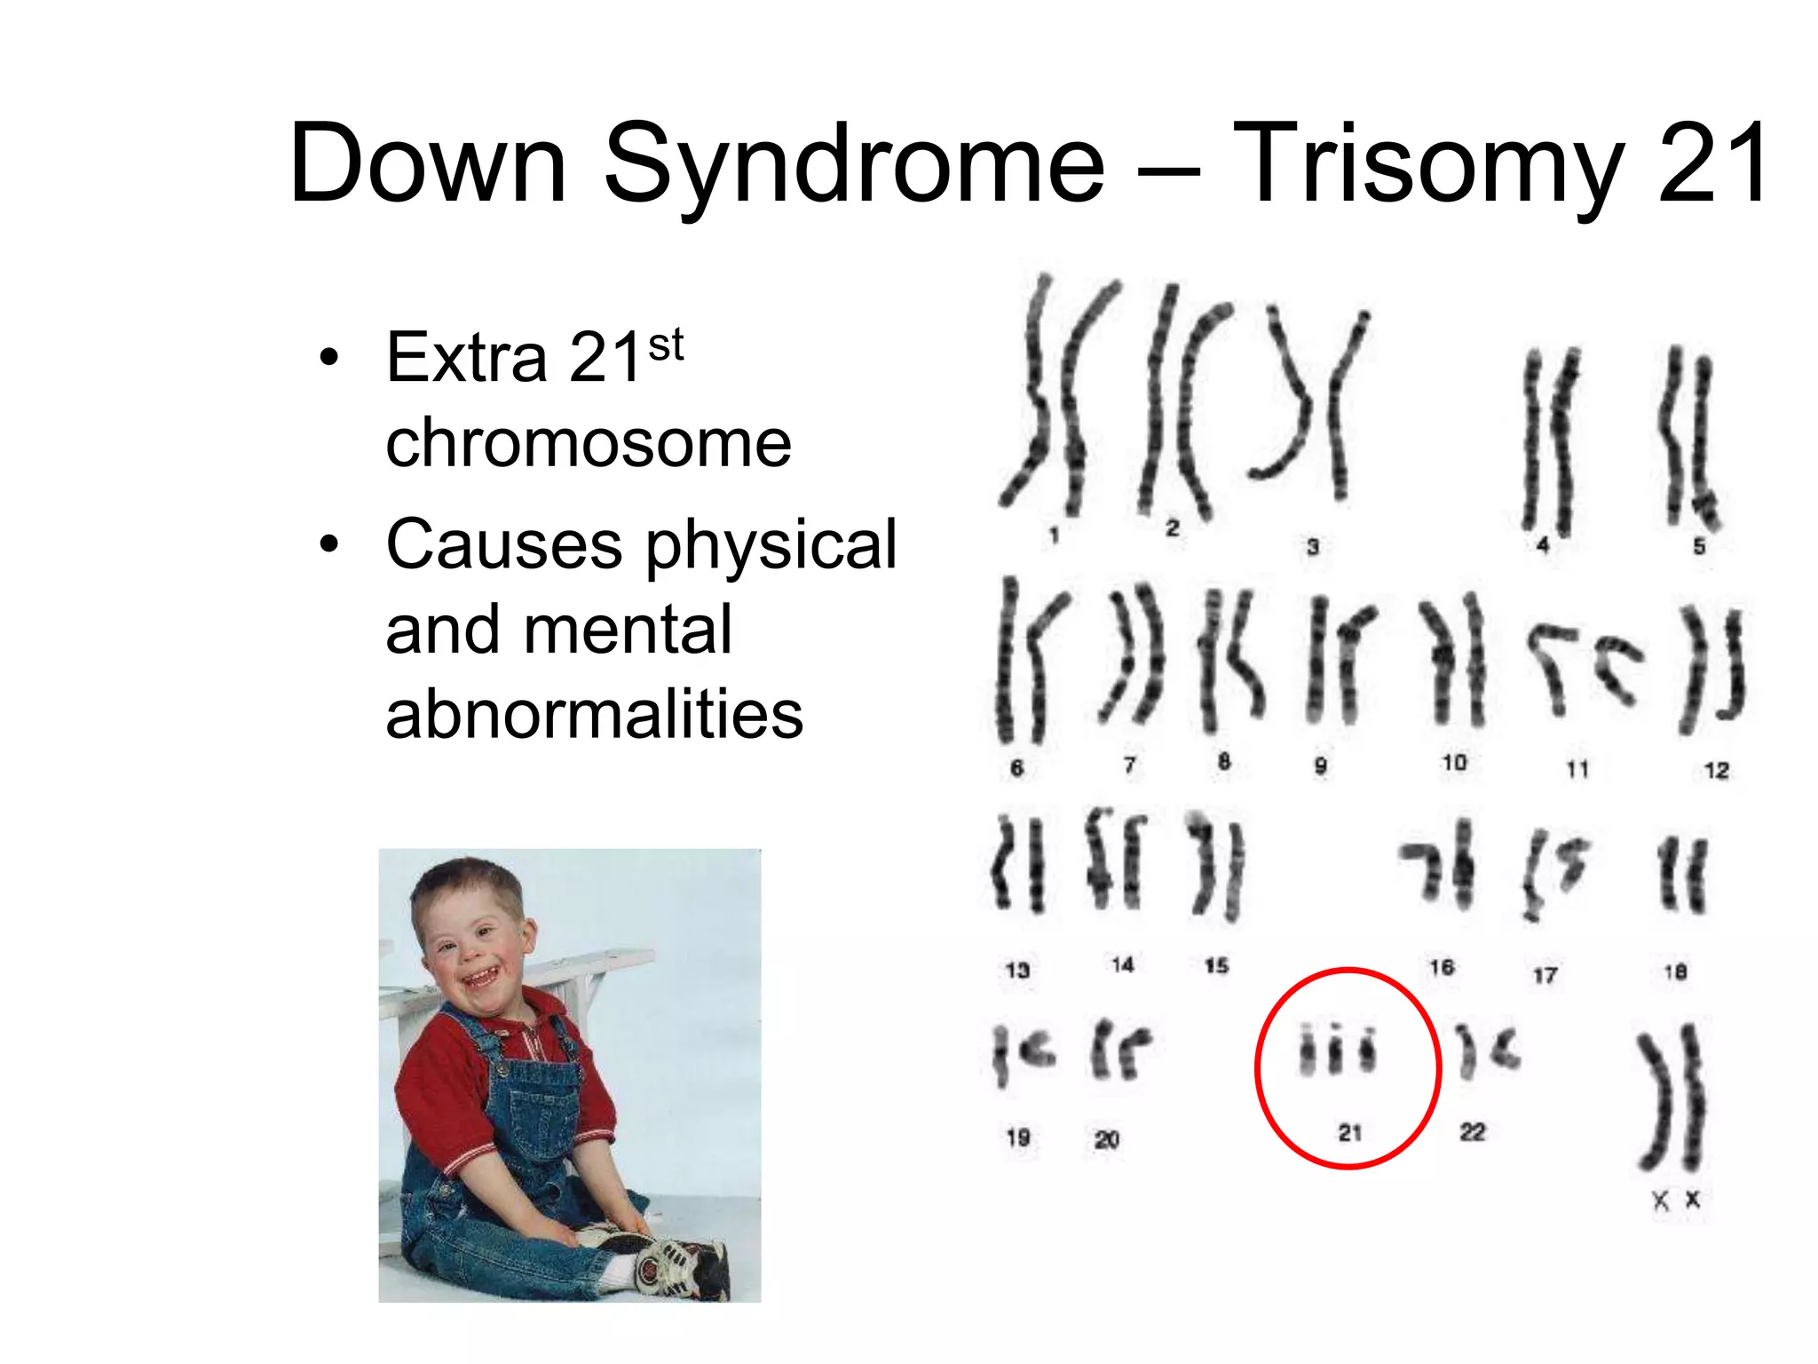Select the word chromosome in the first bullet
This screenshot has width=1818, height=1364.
click(x=588, y=442)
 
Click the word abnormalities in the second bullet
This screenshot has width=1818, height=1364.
click(x=594, y=714)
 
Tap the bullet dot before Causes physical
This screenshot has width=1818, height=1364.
click(x=329, y=544)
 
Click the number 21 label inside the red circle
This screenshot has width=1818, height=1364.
click(x=1349, y=1132)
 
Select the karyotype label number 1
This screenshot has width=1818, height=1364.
click(x=1054, y=535)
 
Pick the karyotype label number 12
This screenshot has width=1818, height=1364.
click(x=1716, y=770)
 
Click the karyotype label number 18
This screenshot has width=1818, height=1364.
click(x=1675, y=971)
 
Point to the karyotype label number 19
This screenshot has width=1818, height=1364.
click(x=1018, y=1137)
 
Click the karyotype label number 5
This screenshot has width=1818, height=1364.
click(x=1699, y=545)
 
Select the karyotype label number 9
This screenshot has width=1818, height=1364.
click(x=1321, y=765)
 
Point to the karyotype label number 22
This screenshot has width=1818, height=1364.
click(x=1472, y=1131)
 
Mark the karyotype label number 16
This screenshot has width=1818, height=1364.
click(x=1442, y=966)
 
